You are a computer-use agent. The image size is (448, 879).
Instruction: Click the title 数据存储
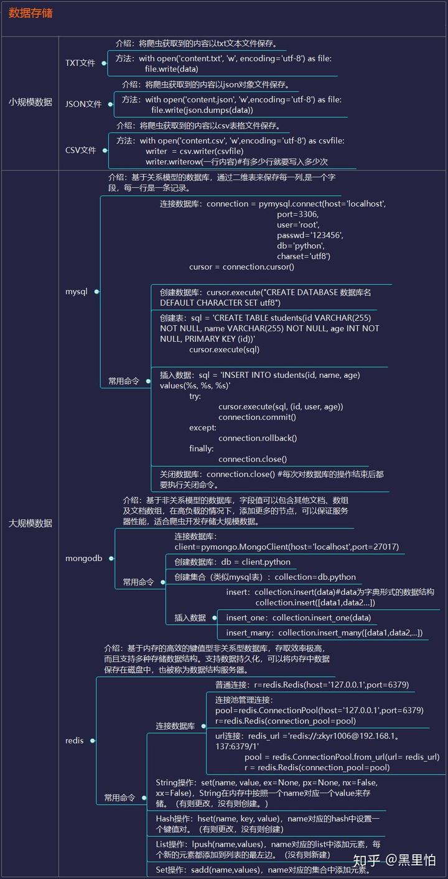[30, 13]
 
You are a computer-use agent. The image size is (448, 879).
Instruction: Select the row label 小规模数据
[30, 102]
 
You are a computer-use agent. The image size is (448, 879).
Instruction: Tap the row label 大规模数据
[30, 523]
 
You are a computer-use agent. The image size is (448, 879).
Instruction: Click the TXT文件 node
[80, 63]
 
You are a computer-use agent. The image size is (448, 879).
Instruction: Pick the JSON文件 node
[83, 104]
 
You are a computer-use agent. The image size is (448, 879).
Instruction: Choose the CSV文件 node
[81, 150]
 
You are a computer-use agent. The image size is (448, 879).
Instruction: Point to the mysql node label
[77, 292]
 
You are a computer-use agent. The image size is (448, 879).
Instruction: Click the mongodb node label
[83, 558]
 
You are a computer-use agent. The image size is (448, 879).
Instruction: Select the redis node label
[74, 740]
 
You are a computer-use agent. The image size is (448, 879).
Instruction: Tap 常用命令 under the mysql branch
[123, 381]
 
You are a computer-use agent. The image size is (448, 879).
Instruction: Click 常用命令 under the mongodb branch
[138, 582]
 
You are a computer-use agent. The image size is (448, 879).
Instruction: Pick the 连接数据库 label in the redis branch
[175, 725]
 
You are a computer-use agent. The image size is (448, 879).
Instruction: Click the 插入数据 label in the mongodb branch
[190, 617]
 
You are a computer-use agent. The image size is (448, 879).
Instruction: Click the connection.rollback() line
[258, 438]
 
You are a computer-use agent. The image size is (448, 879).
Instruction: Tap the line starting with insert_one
[298, 617]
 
